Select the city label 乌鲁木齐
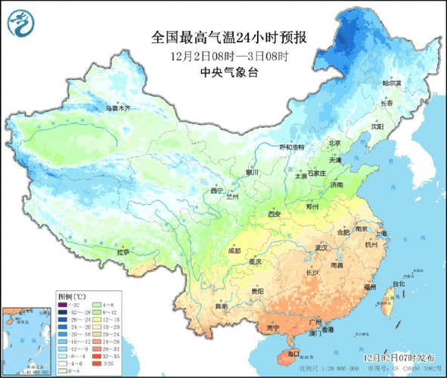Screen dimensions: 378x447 tap(117, 109)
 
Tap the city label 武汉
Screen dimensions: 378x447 tap(321, 246)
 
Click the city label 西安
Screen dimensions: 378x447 tap(274, 215)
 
